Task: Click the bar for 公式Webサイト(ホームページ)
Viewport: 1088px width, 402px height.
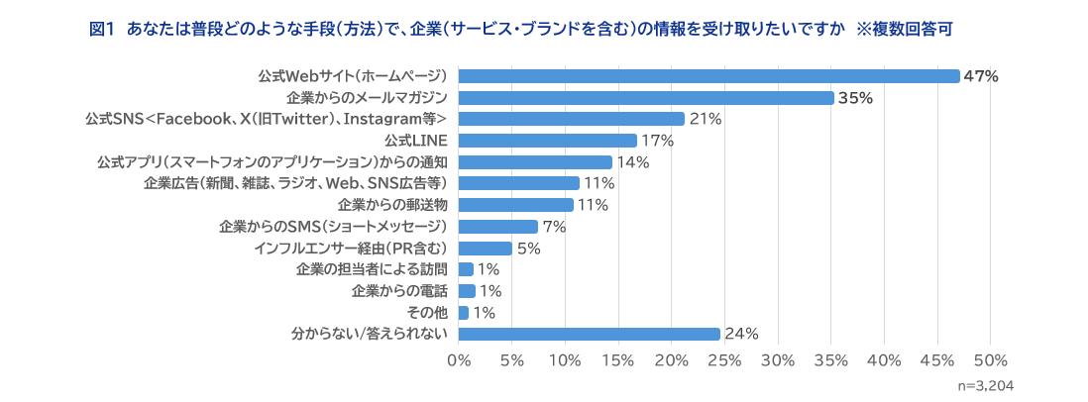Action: click(708, 76)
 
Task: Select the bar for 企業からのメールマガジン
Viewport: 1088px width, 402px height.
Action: click(646, 98)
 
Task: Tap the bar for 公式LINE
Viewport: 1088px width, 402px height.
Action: click(548, 141)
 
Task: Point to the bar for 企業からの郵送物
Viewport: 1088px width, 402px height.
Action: click(516, 205)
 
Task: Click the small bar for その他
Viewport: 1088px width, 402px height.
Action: click(464, 313)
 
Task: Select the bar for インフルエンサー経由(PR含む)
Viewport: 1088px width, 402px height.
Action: click(486, 249)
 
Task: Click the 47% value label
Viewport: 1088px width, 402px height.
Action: click(981, 76)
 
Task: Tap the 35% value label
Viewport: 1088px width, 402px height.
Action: click(854, 98)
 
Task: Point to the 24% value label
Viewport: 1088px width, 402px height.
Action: click(741, 335)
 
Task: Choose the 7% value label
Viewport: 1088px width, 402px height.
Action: click(554, 227)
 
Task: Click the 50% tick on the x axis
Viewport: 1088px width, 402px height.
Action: click(990, 359)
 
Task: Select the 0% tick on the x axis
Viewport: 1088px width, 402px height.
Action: click(459, 359)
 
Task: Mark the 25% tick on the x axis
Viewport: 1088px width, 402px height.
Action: click(724, 359)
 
